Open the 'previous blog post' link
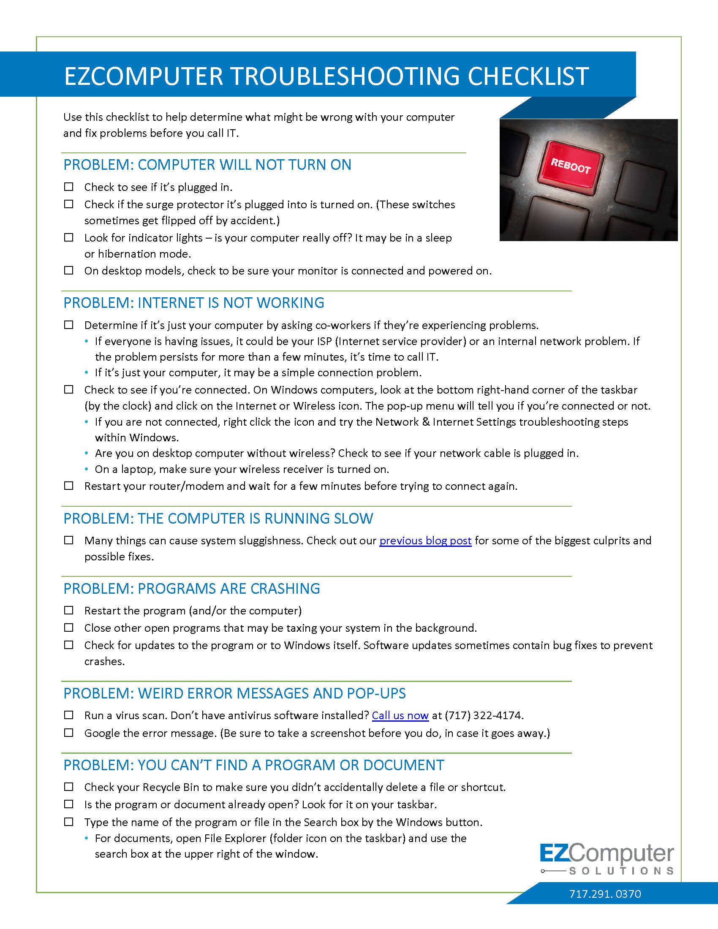pyautogui.click(x=425, y=541)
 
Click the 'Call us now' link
pyautogui.click(x=400, y=715)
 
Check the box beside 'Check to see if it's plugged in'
pyautogui.click(x=68, y=187)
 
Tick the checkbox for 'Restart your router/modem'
pyautogui.click(x=68, y=485)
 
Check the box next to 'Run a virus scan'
pyautogui.click(x=68, y=715)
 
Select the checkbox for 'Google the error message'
pyautogui.click(x=68, y=733)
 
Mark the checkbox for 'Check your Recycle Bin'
pyautogui.click(x=68, y=787)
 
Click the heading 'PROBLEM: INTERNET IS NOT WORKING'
pyautogui.click(x=193, y=303)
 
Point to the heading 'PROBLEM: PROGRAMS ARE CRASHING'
pyautogui.click(x=191, y=588)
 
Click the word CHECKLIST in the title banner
pyautogui.click(x=528, y=76)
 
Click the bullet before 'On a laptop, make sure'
pyautogui.click(x=87, y=469)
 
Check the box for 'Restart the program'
pyautogui.click(x=68, y=611)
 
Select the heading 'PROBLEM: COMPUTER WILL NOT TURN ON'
pyautogui.click(x=207, y=165)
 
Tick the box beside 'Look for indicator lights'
pyautogui.click(x=68, y=237)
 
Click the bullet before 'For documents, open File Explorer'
pyautogui.click(x=87, y=838)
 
